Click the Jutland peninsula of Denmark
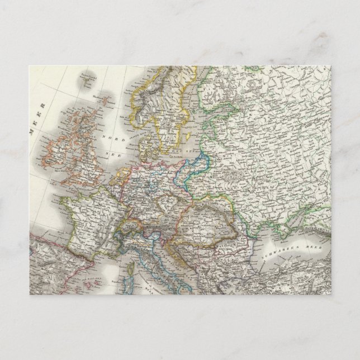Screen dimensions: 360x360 pyautogui.click(x=145, y=146)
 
